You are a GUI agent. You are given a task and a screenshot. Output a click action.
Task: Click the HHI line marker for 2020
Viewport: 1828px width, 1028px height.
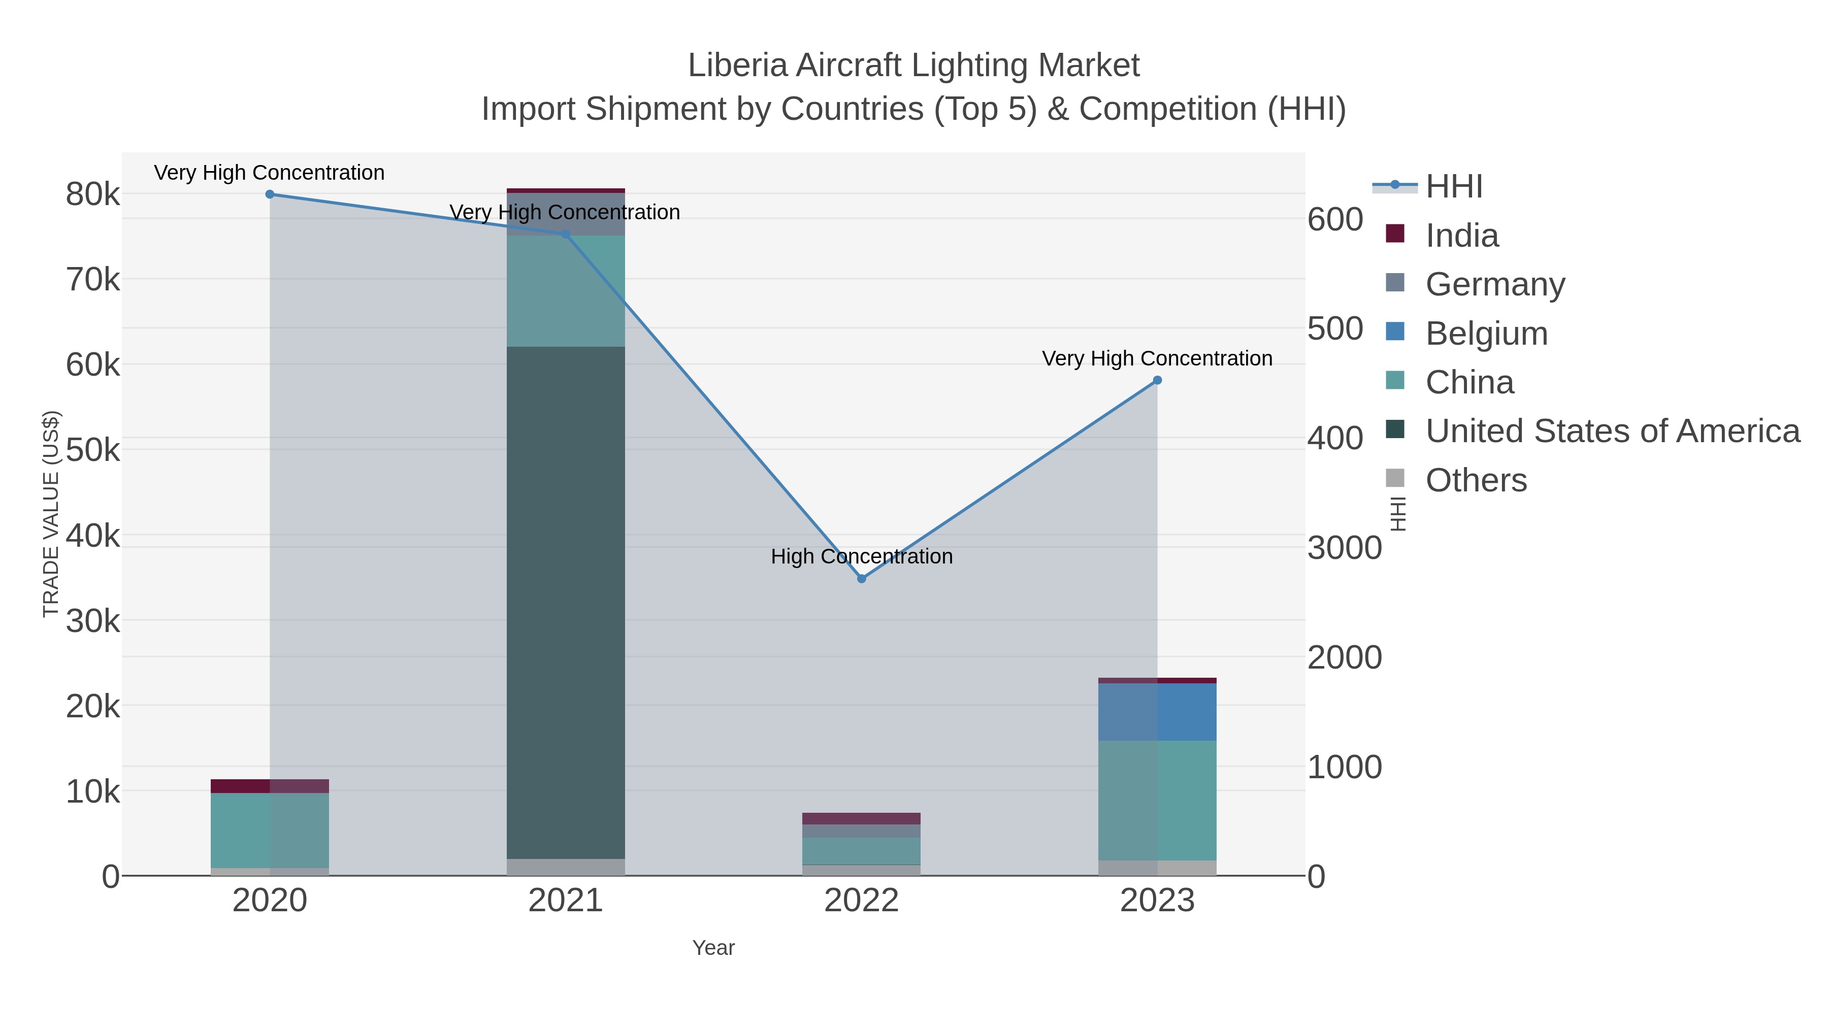pyautogui.click(x=270, y=194)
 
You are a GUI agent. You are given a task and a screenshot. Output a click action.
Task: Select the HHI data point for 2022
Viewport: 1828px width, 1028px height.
pyautogui.click(x=862, y=579)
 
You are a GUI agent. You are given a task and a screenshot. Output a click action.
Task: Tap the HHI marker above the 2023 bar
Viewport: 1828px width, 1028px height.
pyautogui.click(x=1157, y=380)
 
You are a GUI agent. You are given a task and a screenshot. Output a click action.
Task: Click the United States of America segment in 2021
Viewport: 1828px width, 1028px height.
pyautogui.click(x=566, y=603)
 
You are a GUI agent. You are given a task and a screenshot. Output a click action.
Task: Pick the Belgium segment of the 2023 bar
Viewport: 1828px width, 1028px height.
pyautogui.click(x=1157, y=712)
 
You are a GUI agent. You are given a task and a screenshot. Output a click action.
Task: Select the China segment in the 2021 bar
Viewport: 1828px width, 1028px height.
pyautogui.click(x=566, y=291)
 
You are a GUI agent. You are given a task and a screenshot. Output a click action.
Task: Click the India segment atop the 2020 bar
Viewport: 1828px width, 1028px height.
pyautogui.click(x=270, y=786)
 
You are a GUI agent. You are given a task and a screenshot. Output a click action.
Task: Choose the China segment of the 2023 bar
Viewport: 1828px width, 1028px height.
pyautogui.click(x=1157, y=800)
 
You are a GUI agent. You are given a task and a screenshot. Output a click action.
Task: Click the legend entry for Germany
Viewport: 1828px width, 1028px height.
pyautogui.click(x=1494, y=284)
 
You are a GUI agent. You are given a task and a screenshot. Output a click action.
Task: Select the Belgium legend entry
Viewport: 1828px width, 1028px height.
pyautogui.click(x=1486, y=334)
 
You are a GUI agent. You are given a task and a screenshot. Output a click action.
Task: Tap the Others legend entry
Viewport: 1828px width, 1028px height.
pyautogui.click(x=1475, y=480)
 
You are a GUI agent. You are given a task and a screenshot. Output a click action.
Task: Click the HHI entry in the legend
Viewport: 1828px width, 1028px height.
pyautogui.click(x=1453, y=187)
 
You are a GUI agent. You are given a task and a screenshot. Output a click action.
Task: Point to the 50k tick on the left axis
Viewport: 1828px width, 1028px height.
pyautogui.click(x=93, y=450)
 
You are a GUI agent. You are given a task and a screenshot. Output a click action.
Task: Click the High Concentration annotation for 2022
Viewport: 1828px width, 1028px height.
pyautogui.click(x=862, y=556)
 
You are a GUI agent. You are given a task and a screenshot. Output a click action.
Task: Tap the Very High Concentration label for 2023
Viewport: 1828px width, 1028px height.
pyautogui.click(x=1157, y=358)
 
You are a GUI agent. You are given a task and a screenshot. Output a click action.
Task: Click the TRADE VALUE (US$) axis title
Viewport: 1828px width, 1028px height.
pyautogui.click(x=51, y=514)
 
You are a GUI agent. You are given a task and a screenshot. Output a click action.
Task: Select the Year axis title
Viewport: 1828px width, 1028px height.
pyautogui.click(x=713, y=948)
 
